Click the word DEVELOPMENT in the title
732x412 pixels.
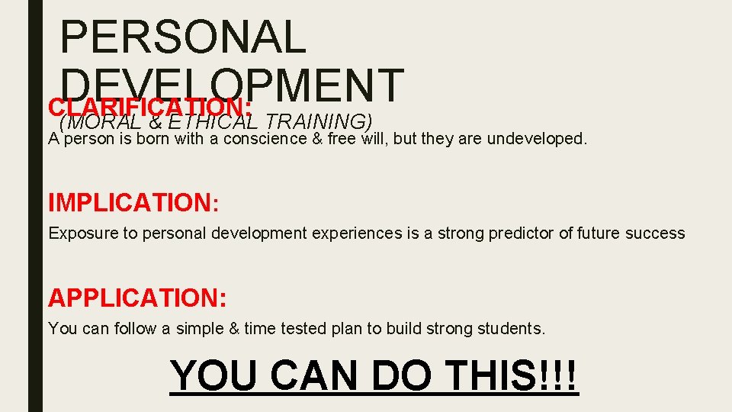pos(232,85)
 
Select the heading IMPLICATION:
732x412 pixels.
pos(133,203)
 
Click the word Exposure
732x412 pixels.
pos(79,233)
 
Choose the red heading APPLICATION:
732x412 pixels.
pos(137,297)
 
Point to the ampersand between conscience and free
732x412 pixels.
pos(318,139)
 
